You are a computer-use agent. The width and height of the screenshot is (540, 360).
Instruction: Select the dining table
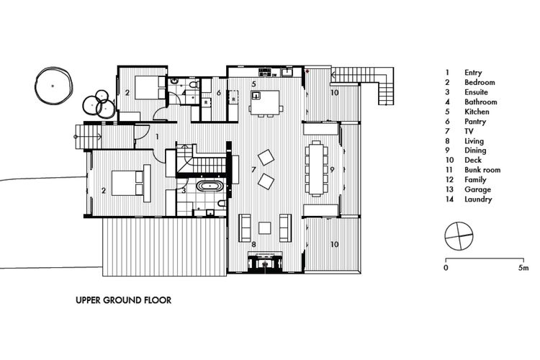pyautogui.click(x=317, y=169)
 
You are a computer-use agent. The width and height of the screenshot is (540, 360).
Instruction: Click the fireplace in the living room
pyautogui.click(x=265, y=262)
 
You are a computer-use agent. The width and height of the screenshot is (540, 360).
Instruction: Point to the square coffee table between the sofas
pyautogui.click(x=264, y=228)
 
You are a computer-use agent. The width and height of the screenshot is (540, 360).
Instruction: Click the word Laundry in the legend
pyautogui.click(x=478, y=199)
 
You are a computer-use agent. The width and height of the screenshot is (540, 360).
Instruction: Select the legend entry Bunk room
pyautogui.click(x=482, y=170)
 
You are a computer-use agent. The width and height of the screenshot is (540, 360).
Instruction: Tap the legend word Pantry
pyautogui.click(x=475, y=121)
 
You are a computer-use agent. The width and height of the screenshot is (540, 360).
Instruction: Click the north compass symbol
pyautogui.click(x=459, y=236)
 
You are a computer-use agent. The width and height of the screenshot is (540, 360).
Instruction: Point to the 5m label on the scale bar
pyautogui.click(x=523, y=268)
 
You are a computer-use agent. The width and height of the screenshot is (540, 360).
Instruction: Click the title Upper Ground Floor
pyautogui.click(x=123, y=300)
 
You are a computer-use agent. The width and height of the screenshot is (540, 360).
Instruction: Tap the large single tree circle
pyautogui.click(x=54, y=86)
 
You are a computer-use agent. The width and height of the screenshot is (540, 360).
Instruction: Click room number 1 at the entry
pyautogui.click(x=157, y=137)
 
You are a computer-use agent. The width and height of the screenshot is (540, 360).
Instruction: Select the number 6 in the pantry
pyautogui.click(x=219, y=93)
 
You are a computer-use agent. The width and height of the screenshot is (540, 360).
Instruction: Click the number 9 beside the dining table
pyautogui.click(x=332, y=169)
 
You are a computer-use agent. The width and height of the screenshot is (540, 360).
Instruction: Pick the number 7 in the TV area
pyautogui.click(x=253, y=169)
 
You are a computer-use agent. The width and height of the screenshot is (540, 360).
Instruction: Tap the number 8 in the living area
pyautogui.click(x=254, y=244)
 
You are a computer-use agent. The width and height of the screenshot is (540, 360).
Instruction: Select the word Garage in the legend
pyautogui.click(x=477, y=189)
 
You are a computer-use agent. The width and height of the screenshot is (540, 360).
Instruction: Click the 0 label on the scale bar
pyautogui.click(x=446, y=268)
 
